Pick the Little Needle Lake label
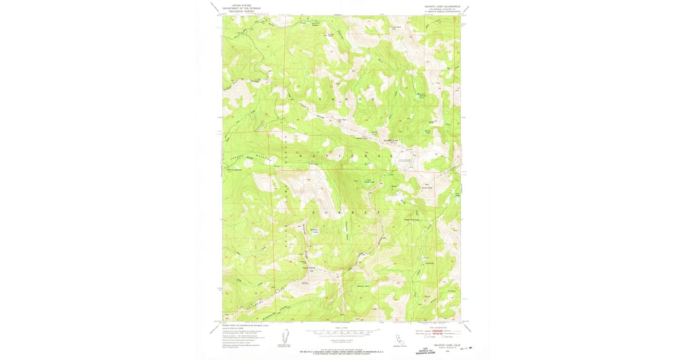click(x=369, y=182)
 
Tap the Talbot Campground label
click(x=236, y=169)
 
